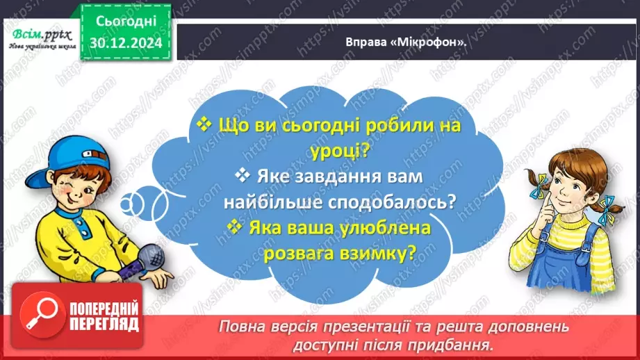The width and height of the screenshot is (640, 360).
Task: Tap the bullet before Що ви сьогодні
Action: (204, 124)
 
